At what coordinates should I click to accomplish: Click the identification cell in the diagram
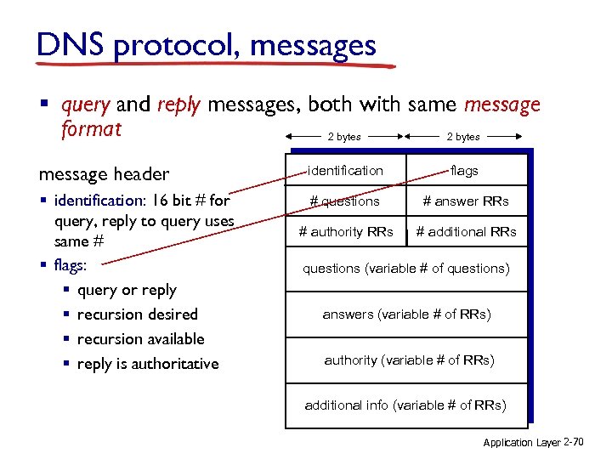point(345,171)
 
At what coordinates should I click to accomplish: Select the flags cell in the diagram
point(465,171)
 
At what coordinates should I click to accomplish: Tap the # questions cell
point(345,201)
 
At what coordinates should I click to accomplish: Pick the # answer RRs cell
point(466,201)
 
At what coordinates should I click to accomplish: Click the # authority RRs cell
point(345,232)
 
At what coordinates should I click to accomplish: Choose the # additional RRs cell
point(466,232)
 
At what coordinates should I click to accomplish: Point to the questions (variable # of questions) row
point(406,269)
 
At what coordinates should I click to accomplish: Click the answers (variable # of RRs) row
point(406,314)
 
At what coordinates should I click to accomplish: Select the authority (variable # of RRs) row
point(406,360)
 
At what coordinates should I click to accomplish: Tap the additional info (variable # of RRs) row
point(406,405)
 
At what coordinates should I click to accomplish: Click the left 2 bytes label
point(344,136)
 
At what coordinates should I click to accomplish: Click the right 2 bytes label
point(464,136)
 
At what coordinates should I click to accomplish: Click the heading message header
point(104,174)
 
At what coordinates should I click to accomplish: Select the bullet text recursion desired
point(137,314)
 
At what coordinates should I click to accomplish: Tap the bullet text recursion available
point(140,339)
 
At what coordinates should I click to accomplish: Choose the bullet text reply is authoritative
point(147,364)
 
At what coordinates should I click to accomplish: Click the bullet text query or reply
point(126,290)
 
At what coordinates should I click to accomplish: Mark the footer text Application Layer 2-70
point(533,443)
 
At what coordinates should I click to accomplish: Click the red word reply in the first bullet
point(178,105)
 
